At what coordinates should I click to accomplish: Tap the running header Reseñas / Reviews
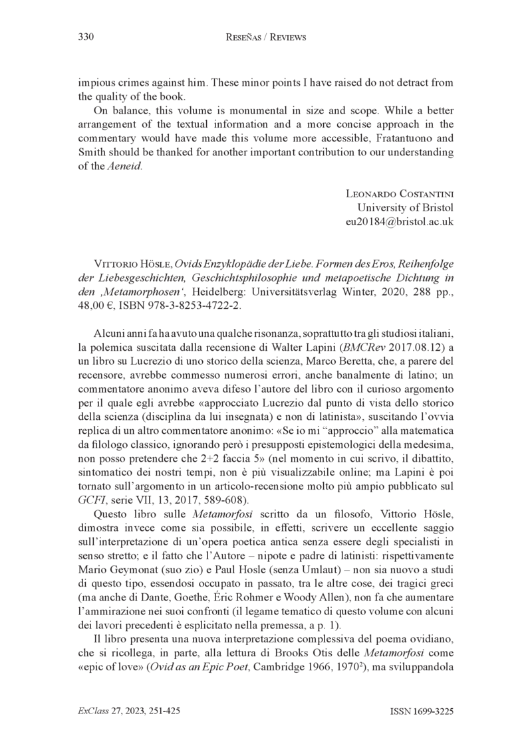coord(266,37)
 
